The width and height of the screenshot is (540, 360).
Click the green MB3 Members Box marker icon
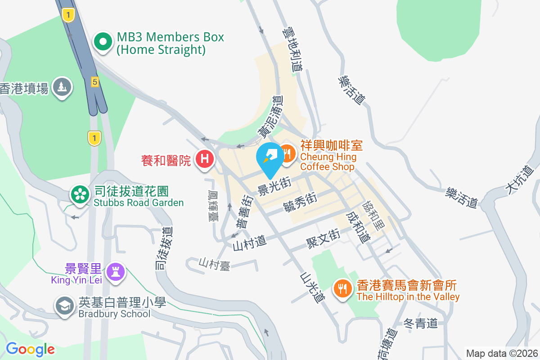pyautogui.click(x=103, y=42)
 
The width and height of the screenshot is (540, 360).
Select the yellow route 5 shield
pyautogui.click(x=94, y=81)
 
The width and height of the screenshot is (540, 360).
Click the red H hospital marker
pyautogui.click(x=205, y=159)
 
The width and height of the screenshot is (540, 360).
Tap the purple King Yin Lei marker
pyautogui.click(x=116, y=272)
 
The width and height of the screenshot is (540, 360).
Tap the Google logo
pyautogui.click(x=30, y=349)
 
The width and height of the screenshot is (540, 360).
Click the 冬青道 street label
pyautogui.click(x=420, y=323)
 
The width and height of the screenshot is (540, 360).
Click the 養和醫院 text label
pyautogui.click(x=166, y=160)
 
